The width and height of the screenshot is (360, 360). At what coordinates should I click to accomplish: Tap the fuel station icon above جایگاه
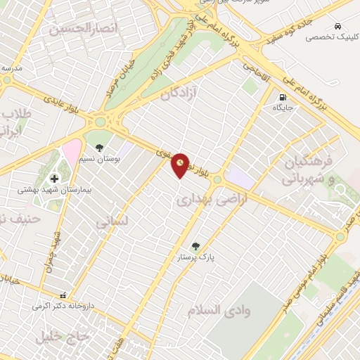click(283, 98)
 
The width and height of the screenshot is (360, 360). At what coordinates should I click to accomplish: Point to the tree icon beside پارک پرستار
click(205, 247)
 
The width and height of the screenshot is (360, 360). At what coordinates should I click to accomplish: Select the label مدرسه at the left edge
click(12, 68)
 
